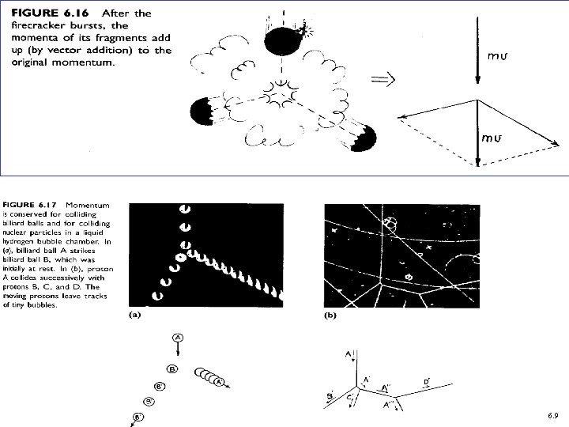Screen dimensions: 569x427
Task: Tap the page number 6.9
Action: point(552,415)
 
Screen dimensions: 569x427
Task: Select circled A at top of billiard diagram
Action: point(179,338)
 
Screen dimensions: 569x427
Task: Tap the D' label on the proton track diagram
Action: point(426,383)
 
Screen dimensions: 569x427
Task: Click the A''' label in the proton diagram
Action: point(389,405)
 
